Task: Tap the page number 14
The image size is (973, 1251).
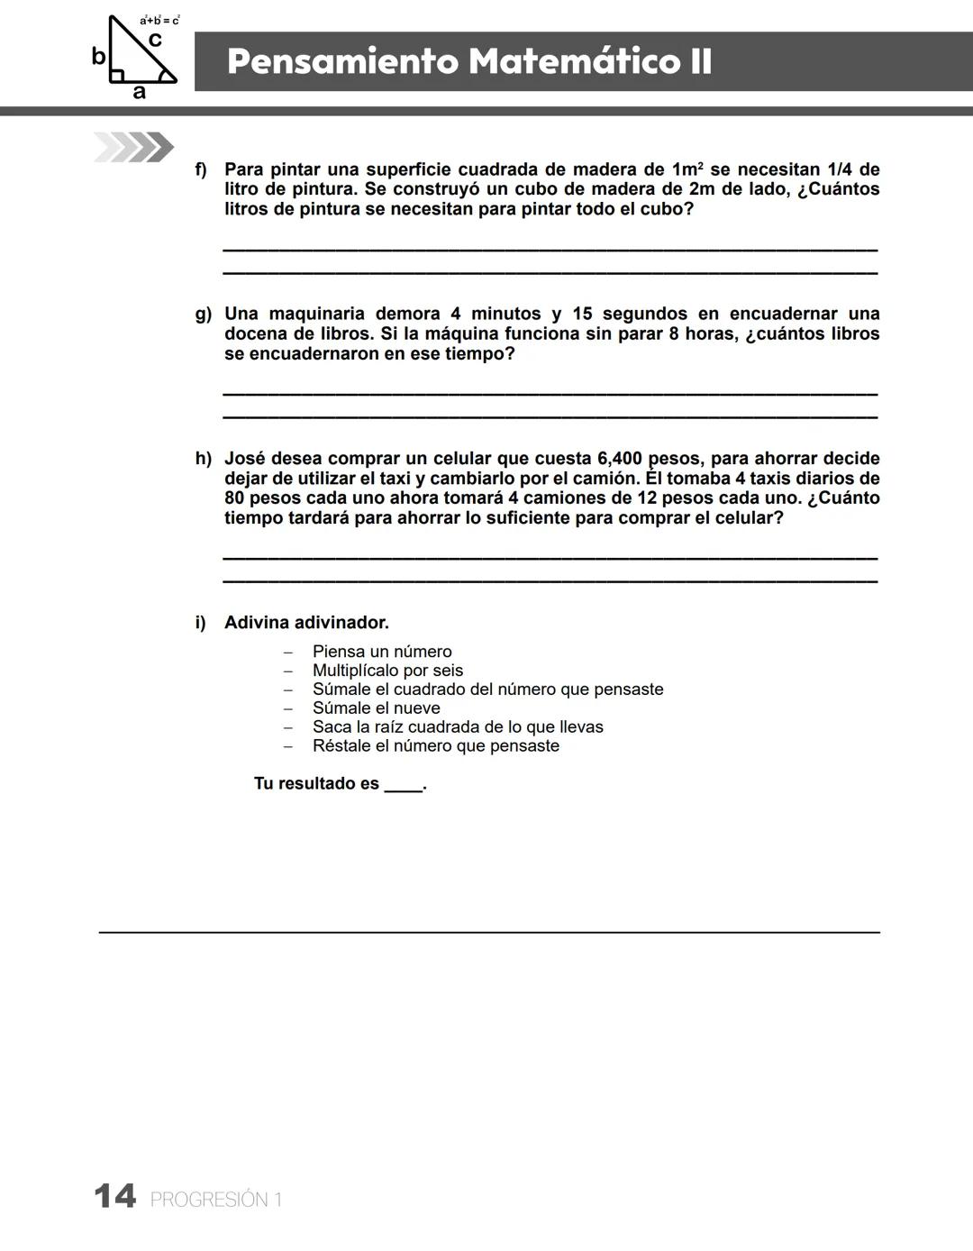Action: [115, 1197]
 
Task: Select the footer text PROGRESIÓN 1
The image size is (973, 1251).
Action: [216, 1200]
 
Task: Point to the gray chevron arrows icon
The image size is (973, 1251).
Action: [133, 147]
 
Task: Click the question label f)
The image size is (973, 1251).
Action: [202, 169]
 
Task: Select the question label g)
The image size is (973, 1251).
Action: [204, 314]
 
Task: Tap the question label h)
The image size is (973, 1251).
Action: [204, 459]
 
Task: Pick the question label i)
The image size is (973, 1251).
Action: [201, 623]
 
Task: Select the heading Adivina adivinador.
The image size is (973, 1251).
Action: [306, 623]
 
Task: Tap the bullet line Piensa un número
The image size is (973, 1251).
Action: [382, 652]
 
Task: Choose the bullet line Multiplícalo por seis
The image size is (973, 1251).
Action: [387, 671]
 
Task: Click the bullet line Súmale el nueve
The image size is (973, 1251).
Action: [376, 708]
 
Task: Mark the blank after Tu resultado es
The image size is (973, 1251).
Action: [403, 784]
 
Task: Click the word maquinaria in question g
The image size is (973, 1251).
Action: [317, 314]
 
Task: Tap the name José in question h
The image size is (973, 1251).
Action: [244, 459]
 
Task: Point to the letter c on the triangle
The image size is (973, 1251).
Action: [155, 40]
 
